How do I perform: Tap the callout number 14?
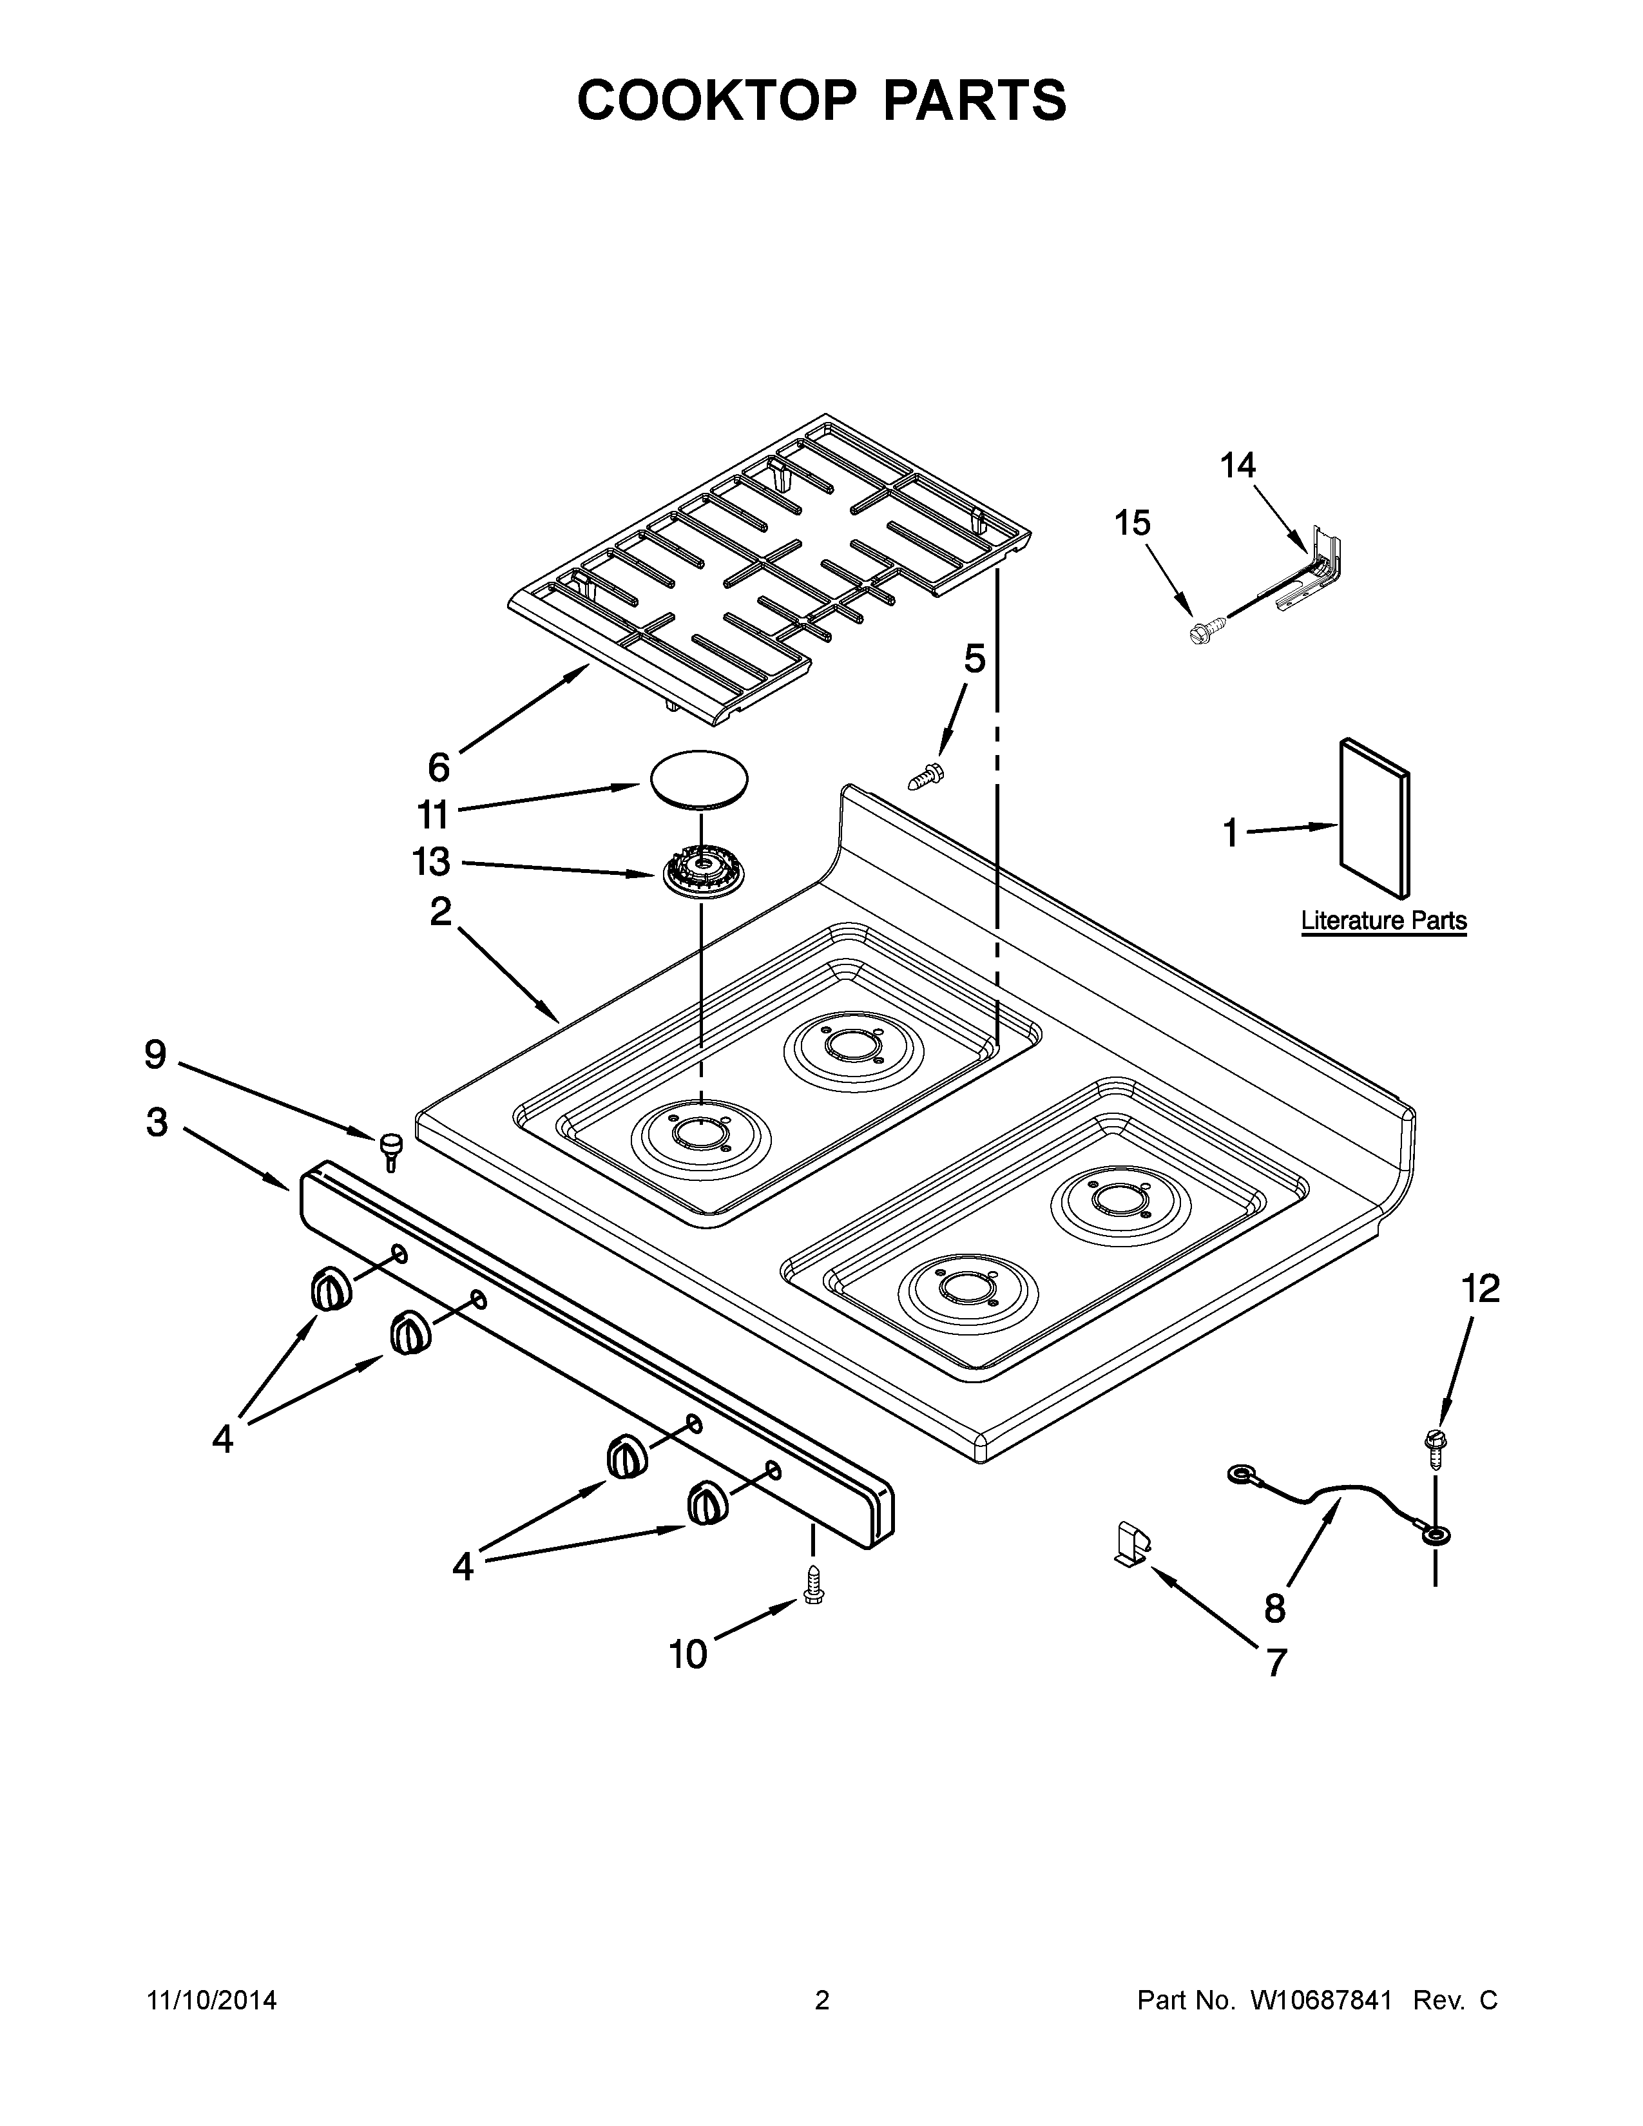tap(1238, 466)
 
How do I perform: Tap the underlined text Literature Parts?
tap(1384, 921)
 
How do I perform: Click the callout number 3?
tap(157, 1122)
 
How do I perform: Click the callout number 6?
tap(439, 768)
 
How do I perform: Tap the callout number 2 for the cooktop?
tap(441, 912)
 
